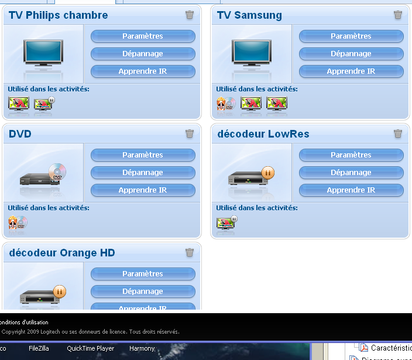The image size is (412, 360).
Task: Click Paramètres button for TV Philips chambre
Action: pyautogui.click(x=143, y=36)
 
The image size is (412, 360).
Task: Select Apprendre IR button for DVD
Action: pyautogui.click(x=143, y=190)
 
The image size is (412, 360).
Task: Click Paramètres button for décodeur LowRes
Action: pyautogui.click(x=351, y=155)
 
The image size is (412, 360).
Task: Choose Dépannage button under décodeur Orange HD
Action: pyautogui.click(x=143, y=292)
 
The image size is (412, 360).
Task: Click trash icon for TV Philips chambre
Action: pyautogui.click(x=190, y=15)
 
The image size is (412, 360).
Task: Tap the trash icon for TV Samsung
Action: pyautogui.click(x=398, y=15)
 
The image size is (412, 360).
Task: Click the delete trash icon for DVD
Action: pyautogui.click(x=190, y=133)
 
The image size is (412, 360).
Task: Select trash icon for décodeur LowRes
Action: pyautogui.click(x=398, y=133)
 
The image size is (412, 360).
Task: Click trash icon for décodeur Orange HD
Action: pyautogui.click(x=190, y=252)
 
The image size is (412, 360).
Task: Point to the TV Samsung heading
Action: pyautogui.click(x=249, y=15)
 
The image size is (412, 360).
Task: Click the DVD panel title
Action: pyautogui.click(x=20, y=134)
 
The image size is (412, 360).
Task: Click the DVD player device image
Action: pyautogui.click(x=43, y=176)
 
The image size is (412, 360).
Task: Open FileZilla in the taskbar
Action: pyautogui.click(x=39, y=348)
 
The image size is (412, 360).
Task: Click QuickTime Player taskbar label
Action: pyautogui.click(x=90, y=348)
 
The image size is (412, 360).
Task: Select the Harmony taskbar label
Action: pyautogui.click(x=142, y=348)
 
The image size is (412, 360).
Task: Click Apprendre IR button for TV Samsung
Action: pyautogui.click(x=351, y=71)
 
